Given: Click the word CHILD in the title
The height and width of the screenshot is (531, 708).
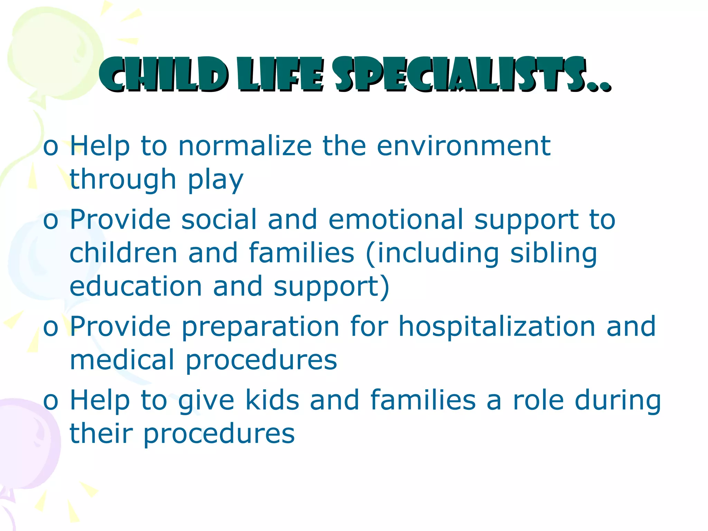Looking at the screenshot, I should [x=162, y=75].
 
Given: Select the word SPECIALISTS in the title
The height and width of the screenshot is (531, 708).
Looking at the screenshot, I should [x=460, y=75].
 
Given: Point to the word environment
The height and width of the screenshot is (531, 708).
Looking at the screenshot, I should [x=463, y=146].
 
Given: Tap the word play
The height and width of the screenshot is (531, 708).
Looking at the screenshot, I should [x=215, y=180].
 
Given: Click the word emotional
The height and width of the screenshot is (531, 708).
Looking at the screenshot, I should [x=396, y=220].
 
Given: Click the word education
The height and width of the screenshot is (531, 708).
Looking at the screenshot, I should [x=136, y=287].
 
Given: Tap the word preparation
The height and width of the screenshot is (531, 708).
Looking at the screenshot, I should [x=260, y=326].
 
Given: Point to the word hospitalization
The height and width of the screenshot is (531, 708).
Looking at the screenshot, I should [x=497, y=326].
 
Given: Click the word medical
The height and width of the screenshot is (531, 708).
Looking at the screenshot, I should [x=122, y=360].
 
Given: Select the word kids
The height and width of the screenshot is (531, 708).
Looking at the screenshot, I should [x=272, y=400].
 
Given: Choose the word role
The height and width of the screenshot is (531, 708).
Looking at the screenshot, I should [x=539, y=400].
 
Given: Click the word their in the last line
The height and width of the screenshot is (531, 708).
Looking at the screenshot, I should [x=101, y=434].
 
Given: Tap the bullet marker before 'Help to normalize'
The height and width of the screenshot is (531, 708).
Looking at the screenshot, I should [x=50, y=147].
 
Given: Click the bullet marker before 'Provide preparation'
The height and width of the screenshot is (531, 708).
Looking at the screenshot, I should [x=50, y=328].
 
